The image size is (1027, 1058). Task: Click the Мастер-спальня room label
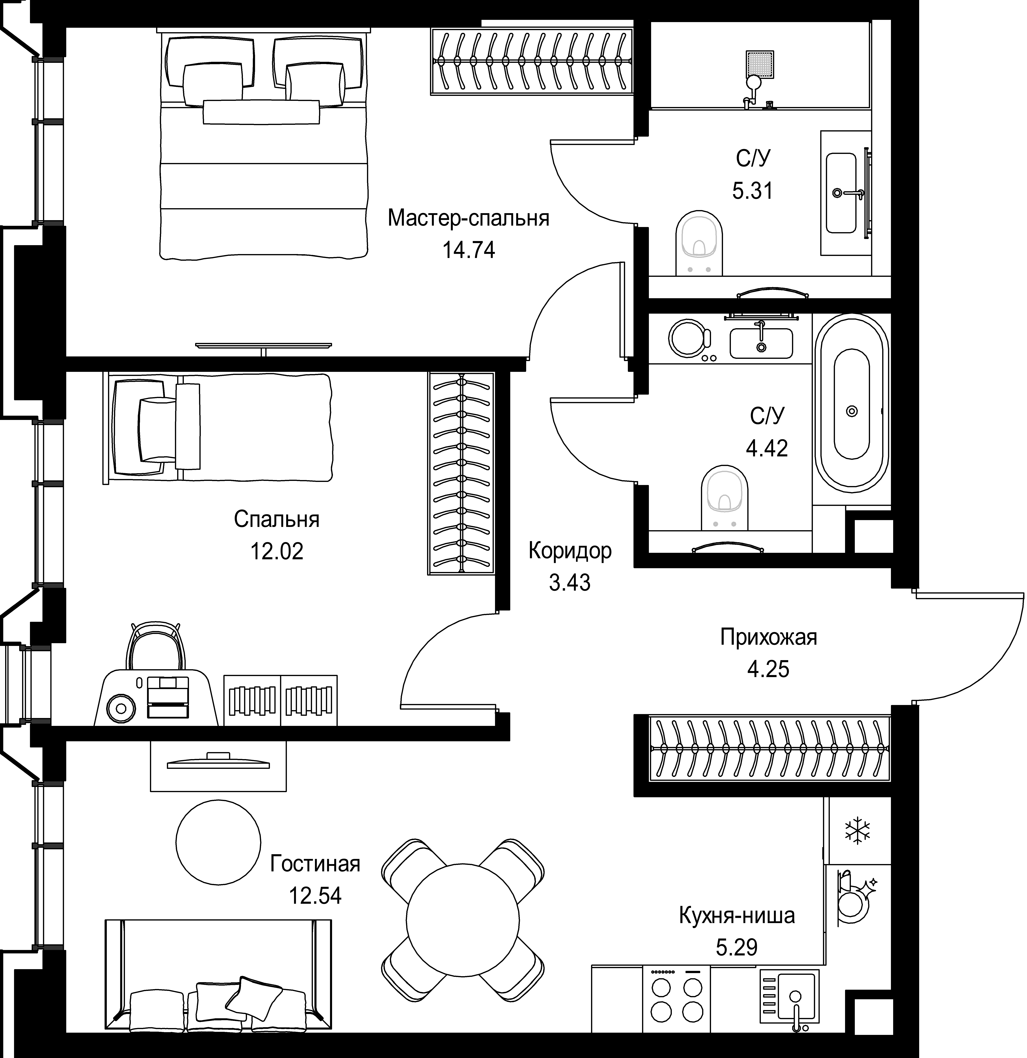[x=468, y=219]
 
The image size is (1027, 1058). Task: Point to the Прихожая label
[x=769, y=638]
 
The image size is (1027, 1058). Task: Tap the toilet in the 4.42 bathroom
[x=724, y=498]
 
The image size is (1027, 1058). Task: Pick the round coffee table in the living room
[x=218, y=842]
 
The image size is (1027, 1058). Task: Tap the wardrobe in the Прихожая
[x=769, y=748]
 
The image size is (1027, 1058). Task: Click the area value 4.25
[x=768, y=669]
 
